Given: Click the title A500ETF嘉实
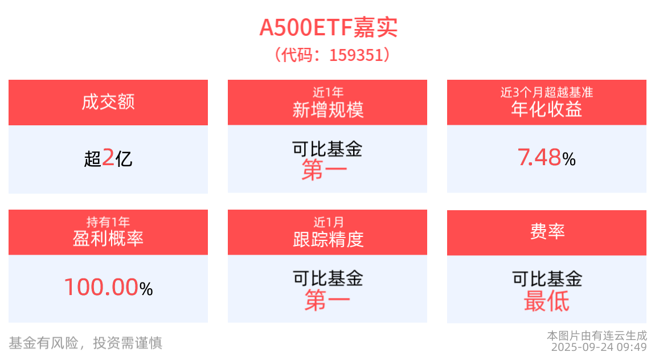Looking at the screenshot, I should [x=327, y=27].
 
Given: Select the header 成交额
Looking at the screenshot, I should [x=108, y=103].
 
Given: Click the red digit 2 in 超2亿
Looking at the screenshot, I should [x=108, y=158].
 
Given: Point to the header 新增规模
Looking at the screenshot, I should [x=327, y=109].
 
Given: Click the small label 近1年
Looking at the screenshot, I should [x=327, y=92].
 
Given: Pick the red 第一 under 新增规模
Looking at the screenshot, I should [x=325, y=170].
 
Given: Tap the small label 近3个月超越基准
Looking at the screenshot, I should [x=547, y=92].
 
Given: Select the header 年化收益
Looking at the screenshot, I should [x=547, y=109].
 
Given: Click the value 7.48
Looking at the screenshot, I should [x=539, y=158].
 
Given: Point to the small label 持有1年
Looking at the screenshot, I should [x=108, y=222].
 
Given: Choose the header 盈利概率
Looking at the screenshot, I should [x=108, y=239].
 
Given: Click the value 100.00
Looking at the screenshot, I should [x=101, y=288].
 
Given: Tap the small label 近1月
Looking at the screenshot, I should [x=327, y=222].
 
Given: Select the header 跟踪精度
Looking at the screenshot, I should [x=327, y=239].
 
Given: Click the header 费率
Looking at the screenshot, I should [x=547, y=232].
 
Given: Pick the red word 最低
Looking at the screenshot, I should [x=547, y=301].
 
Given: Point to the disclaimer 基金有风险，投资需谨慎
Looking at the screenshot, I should [x=85, y=343].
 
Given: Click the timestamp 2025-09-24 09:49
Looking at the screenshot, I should [x=599, y=346].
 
